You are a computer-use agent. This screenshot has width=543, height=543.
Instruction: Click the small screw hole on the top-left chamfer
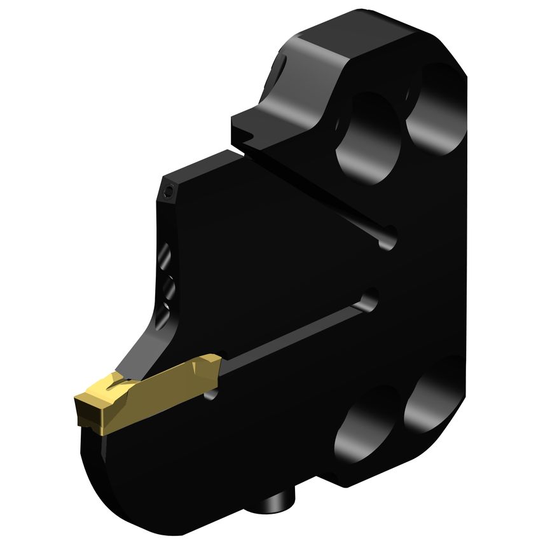168,191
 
